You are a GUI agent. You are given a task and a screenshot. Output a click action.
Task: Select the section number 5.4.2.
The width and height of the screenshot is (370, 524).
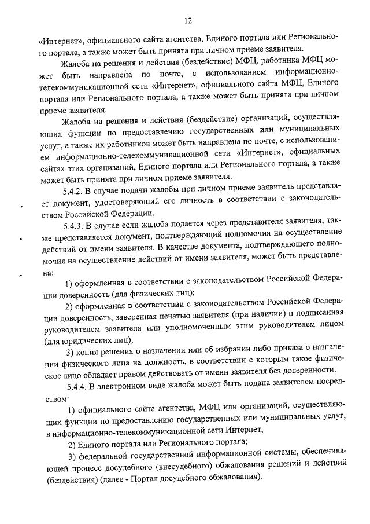coord(74,206)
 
